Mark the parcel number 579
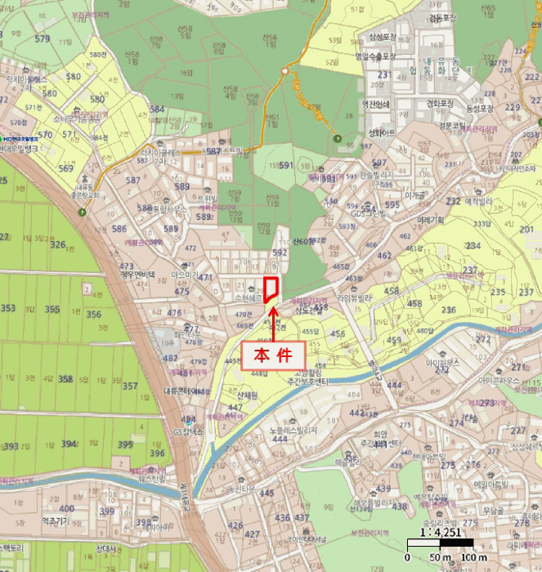point(43,39)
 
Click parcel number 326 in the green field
point(57,244)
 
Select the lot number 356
point(94,315)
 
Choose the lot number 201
point(525,230)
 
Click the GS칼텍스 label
point(189,431)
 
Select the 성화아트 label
point(382,132)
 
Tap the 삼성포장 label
point(383,37)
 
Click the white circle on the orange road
point(284,72)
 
